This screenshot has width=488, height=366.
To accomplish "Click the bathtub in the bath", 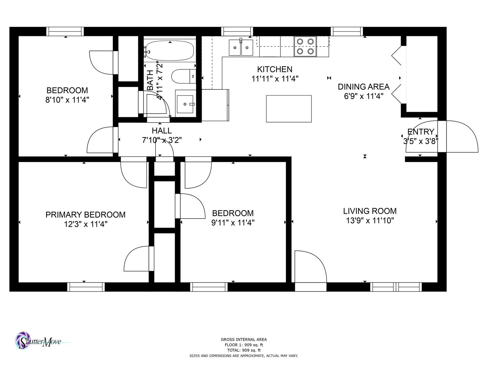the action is (170, 50).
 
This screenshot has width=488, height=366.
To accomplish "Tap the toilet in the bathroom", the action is (184, 76).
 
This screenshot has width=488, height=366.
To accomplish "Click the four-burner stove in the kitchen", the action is (305, 46).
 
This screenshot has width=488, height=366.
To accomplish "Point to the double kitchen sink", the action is (241, 47).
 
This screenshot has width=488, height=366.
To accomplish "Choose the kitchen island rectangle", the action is (289, 109).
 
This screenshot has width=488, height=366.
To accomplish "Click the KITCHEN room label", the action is (275, 69).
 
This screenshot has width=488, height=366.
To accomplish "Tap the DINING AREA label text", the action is (363, 87).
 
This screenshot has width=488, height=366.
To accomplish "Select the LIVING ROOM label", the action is (370, 211).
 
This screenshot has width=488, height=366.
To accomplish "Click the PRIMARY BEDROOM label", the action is (85, 215).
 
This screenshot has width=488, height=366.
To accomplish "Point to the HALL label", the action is (162, 131).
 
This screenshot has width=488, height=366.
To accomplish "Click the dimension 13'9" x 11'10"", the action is (370, 221).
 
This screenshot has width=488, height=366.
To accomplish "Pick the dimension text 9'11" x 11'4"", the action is (233, 223).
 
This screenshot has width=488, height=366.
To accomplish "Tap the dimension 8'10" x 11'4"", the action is (67, 100).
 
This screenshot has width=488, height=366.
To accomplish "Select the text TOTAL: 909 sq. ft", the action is (244, 350).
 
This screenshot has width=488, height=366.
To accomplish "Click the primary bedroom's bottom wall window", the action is (86, 287).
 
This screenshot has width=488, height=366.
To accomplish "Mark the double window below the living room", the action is (396, 287).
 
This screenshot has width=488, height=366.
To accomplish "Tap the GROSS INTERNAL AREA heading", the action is (244, 339).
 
